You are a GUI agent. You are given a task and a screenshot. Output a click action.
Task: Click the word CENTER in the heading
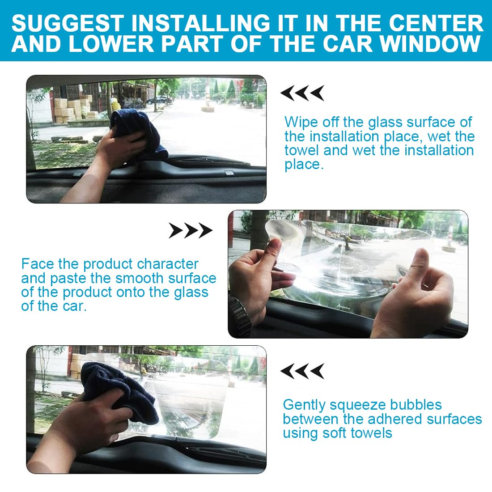pos(437,23)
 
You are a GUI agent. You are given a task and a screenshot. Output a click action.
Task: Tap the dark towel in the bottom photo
pos(119,392)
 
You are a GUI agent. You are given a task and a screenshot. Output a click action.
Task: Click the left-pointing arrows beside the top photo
pos(302,93)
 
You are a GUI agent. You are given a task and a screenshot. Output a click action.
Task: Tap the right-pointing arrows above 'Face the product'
pos(191,231)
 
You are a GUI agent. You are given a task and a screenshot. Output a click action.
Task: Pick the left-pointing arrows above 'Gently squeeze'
pos(302,371)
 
